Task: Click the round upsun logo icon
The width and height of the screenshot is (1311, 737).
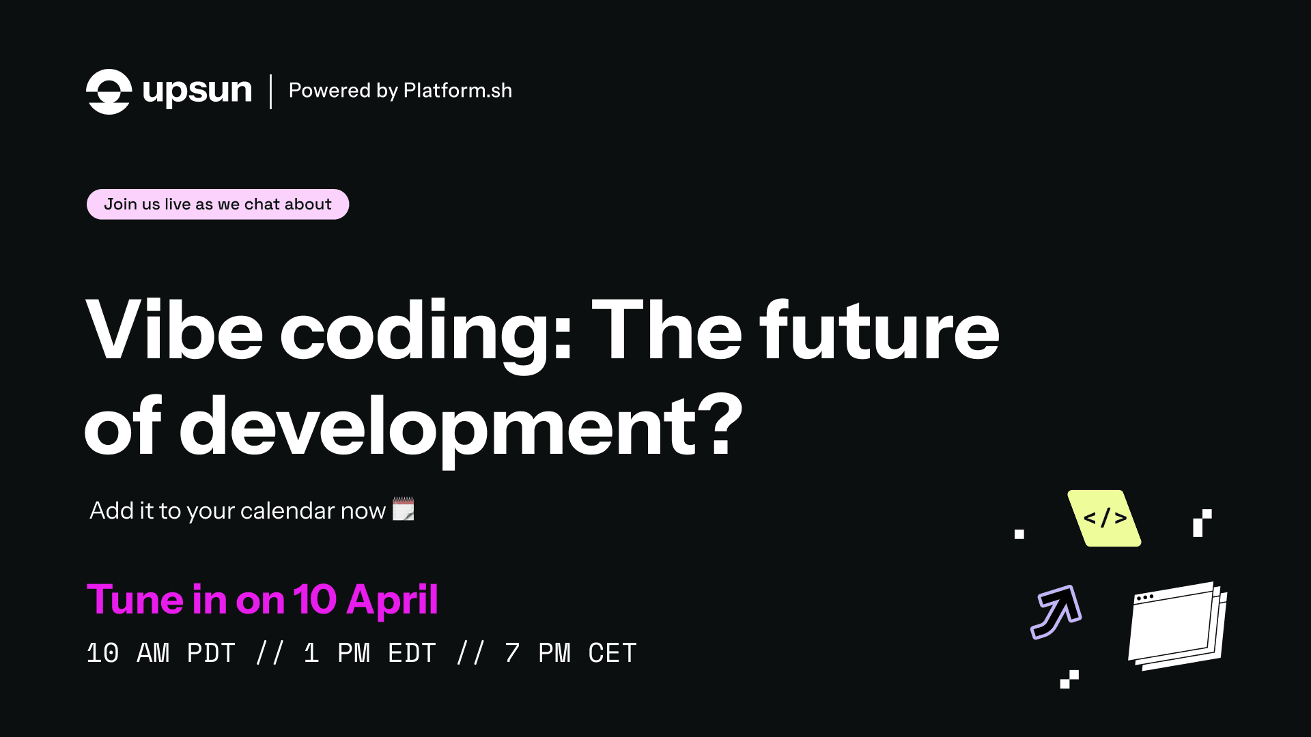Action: pyautogui.click(x=109, y=91)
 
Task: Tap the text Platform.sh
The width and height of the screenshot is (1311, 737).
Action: pyautogui.click(x=457, y=91)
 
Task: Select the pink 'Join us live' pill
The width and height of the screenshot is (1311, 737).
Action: pyautogui.click(x=218, y=204)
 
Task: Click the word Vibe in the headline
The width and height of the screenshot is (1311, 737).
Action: pyautogui.click(x=174, y=330)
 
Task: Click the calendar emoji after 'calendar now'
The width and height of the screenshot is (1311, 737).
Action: pyautogui.click(x=404, y=509)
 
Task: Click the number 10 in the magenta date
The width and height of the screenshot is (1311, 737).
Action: pyautogui.click(x=315, y=600)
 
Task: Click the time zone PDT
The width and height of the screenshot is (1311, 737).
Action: pyautogui.click(x=211, y=653)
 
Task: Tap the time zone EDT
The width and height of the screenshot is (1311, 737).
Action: pyautogui.click(x=412, y=653)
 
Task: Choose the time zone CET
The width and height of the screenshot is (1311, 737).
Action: pyautogui.click(x=612, y=653)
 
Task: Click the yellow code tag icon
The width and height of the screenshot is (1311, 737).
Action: pyautogui.click(x=1104, y=518)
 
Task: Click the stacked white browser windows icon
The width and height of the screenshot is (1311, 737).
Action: pyautogui.click(x=1177, y=626)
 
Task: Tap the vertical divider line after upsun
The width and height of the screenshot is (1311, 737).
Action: pyautogui.click(x=271, y=91)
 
